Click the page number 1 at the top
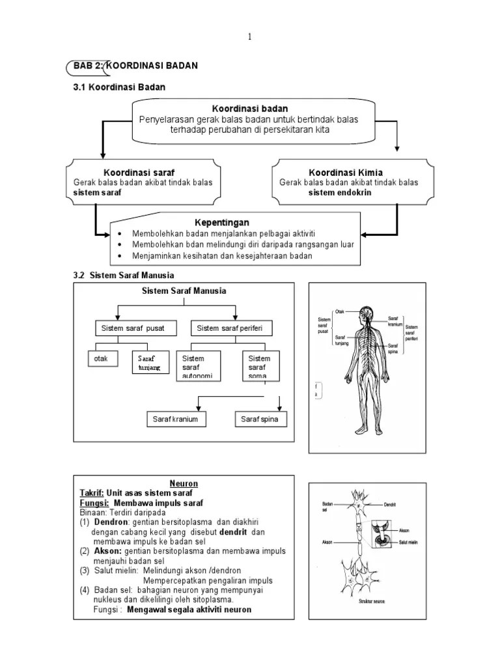[249, 36]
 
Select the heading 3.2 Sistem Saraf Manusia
[124, 276]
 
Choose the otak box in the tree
[103, 360]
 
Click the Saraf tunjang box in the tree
[149, 363]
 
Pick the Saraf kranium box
[175, 419]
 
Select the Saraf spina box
[260, 419]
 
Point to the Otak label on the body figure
[339, 311]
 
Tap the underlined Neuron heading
[184, 484]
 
